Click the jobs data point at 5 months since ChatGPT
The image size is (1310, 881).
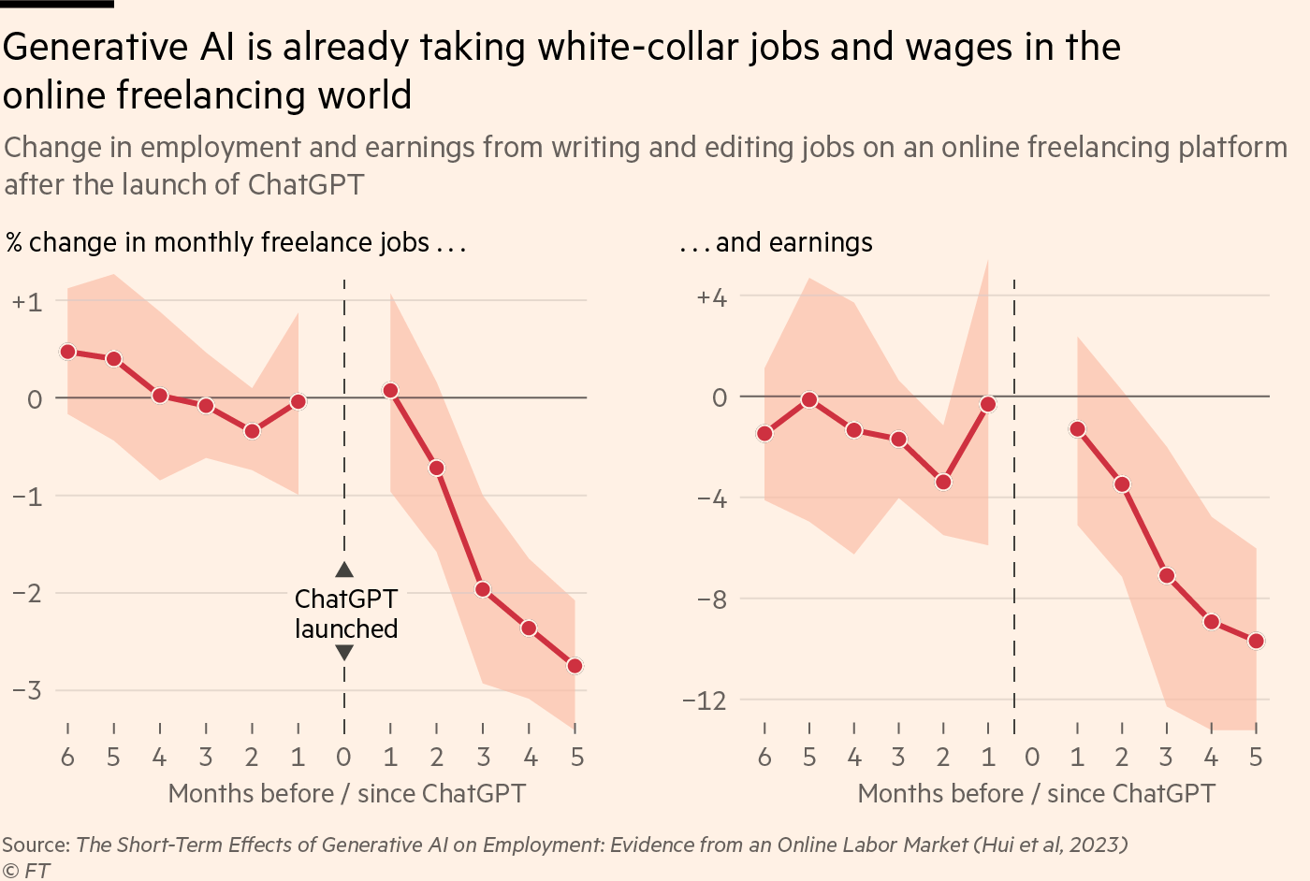point(575,666)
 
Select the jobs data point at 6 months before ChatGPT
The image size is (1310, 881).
point(67,352)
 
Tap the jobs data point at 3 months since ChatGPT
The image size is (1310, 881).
point(483,589)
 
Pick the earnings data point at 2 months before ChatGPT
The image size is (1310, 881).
point(943,482)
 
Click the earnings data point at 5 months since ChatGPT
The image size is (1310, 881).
point(1256,641)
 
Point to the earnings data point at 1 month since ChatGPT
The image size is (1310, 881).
point(1077,429)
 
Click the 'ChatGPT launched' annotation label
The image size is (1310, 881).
point(345,614)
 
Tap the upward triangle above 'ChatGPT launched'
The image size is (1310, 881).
point(344,570)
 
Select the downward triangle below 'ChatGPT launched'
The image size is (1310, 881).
point(344,653)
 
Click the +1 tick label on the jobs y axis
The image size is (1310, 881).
point(27,302)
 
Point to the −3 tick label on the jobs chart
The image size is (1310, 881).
point(27,690)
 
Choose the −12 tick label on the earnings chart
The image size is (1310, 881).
point(704,700)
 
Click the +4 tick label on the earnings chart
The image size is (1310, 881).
point(711,298)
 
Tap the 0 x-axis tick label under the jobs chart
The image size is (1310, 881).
point(343,757)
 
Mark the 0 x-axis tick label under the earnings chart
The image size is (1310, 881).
point(1032,757)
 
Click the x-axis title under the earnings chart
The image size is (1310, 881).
point(1036,794)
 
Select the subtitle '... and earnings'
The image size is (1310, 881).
point(776,242)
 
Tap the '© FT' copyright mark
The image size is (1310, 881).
point(26,871)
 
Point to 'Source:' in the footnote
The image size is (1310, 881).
point(36,845)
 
